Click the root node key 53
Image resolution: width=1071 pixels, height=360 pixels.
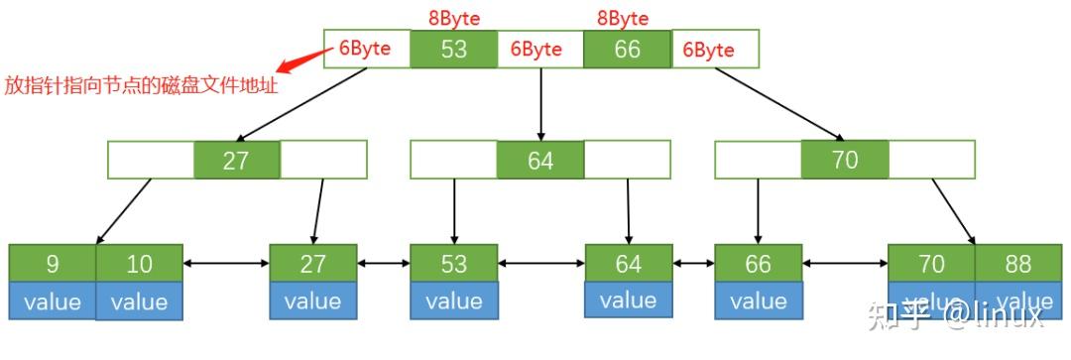453,49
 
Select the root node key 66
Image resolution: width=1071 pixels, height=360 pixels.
627,49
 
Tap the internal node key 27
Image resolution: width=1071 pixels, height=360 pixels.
236,160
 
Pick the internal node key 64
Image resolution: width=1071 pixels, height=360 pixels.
540,160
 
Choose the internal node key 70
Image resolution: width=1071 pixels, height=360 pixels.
844,159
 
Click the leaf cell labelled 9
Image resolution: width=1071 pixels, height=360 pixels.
53,264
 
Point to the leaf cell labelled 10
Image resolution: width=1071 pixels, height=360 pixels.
139,264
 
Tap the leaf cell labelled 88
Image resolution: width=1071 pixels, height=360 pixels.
1017,264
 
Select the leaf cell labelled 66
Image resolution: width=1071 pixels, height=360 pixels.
758,264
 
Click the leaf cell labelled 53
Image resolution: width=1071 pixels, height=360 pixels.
454,264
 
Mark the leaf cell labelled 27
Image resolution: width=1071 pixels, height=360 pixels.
312,264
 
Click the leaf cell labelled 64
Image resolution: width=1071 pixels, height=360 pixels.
628,264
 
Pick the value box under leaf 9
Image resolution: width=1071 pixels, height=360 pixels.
53,300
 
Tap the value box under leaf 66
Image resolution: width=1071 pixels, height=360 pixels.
758,300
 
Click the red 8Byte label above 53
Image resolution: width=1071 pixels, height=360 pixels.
453,18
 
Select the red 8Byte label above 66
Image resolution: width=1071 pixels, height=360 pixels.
622,18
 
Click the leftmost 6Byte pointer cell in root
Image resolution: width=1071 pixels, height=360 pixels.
366,49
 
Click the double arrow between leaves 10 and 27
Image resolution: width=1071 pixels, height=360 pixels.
226,264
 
